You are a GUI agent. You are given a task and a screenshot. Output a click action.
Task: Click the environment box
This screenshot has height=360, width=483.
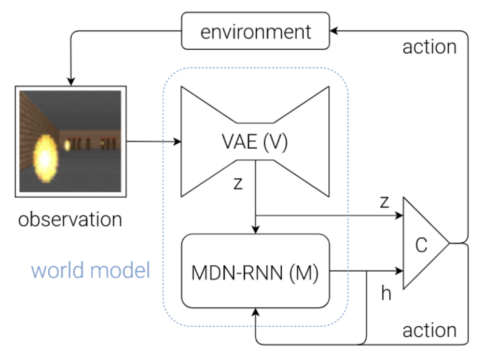pos(255,31)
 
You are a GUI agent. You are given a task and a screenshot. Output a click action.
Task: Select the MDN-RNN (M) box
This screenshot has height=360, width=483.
pos(255,271)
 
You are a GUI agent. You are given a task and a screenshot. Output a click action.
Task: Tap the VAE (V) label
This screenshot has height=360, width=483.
pos(255,142)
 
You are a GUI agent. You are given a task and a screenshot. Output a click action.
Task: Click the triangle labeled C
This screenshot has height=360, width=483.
pos(426,243)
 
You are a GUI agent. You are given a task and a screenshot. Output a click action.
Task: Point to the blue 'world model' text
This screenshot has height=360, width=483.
pos(91,270)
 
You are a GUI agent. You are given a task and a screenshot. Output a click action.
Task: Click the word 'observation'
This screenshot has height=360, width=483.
pos(70,219)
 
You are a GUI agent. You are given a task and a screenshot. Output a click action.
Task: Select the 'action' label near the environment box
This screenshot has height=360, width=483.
pos(430,47)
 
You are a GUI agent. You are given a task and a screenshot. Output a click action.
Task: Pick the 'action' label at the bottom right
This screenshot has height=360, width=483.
pos(430,330)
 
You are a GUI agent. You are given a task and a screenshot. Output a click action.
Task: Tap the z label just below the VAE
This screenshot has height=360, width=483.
pos(238,184)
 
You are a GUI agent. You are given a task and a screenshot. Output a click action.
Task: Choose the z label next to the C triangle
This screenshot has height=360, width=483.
pos(384,202)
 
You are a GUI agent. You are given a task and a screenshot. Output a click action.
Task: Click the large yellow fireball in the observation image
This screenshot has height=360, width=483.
pos(46,158)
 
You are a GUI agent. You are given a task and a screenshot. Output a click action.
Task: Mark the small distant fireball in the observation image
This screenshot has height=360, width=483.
pos(67,145)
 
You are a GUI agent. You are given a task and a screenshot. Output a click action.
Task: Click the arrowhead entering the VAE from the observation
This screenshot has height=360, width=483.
pos(177,142)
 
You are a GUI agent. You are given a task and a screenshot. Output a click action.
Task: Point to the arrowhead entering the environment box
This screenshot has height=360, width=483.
pos(334,31)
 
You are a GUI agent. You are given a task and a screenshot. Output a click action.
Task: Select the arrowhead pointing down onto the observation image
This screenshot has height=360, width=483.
pos(71,81)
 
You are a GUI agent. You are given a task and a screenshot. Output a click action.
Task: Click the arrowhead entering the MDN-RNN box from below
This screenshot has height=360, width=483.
pos(255,312)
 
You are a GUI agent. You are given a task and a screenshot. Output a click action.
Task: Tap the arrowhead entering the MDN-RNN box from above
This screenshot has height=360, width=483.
pos(255,230)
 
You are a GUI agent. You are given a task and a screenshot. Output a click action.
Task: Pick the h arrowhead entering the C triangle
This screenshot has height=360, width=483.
pos(399,271)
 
